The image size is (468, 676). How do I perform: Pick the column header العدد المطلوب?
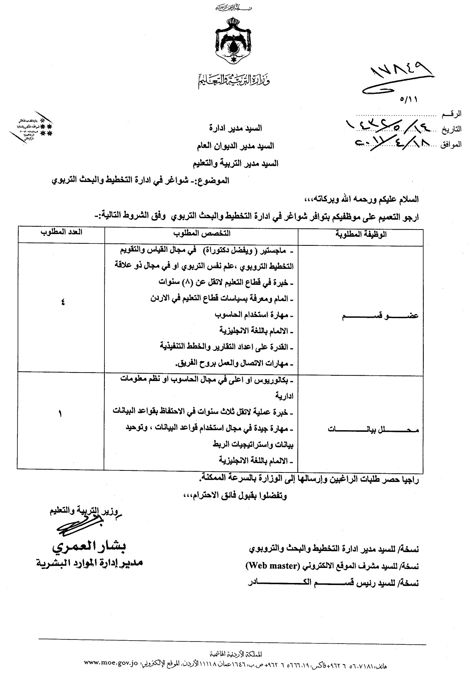click(x=61, y=232)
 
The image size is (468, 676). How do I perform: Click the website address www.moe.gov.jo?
click(x=111, y=663)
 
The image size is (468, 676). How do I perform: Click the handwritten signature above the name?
click(x=77, y=526)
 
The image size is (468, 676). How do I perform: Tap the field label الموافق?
click(x=451, y=144)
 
